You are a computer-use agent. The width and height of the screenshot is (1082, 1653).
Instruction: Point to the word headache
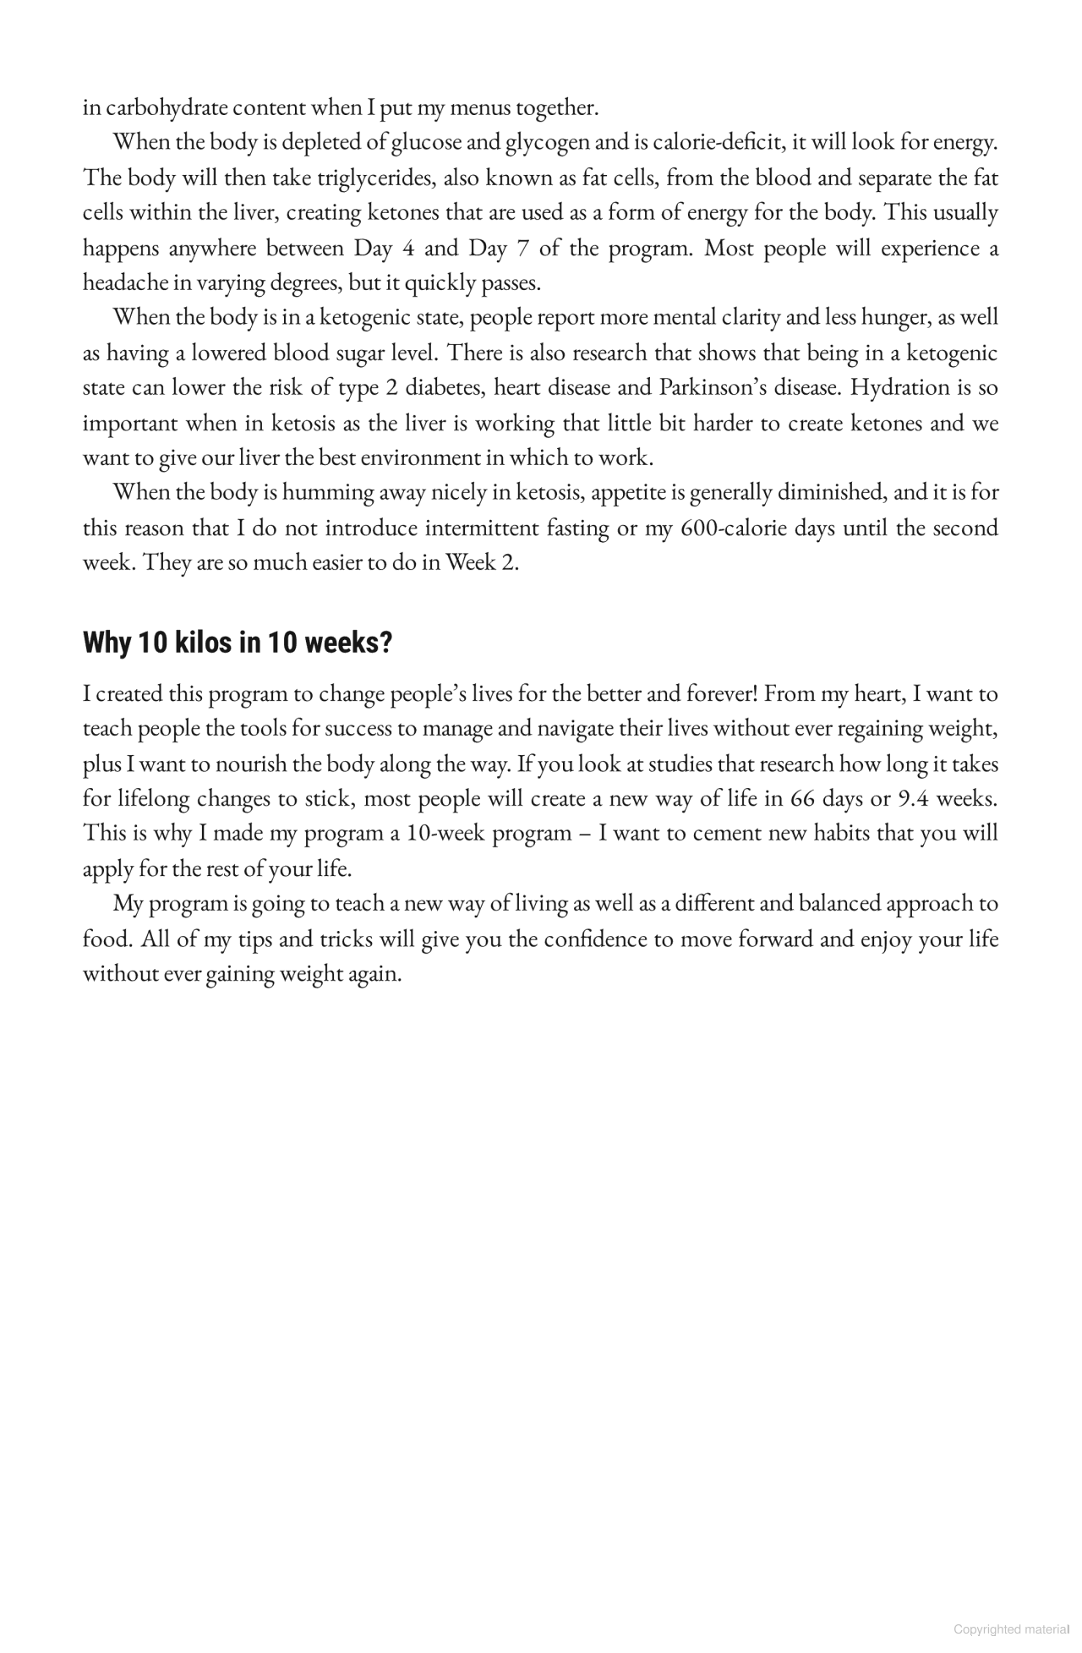click(124, 282)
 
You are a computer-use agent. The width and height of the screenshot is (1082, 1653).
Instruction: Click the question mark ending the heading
click(385, 643)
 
